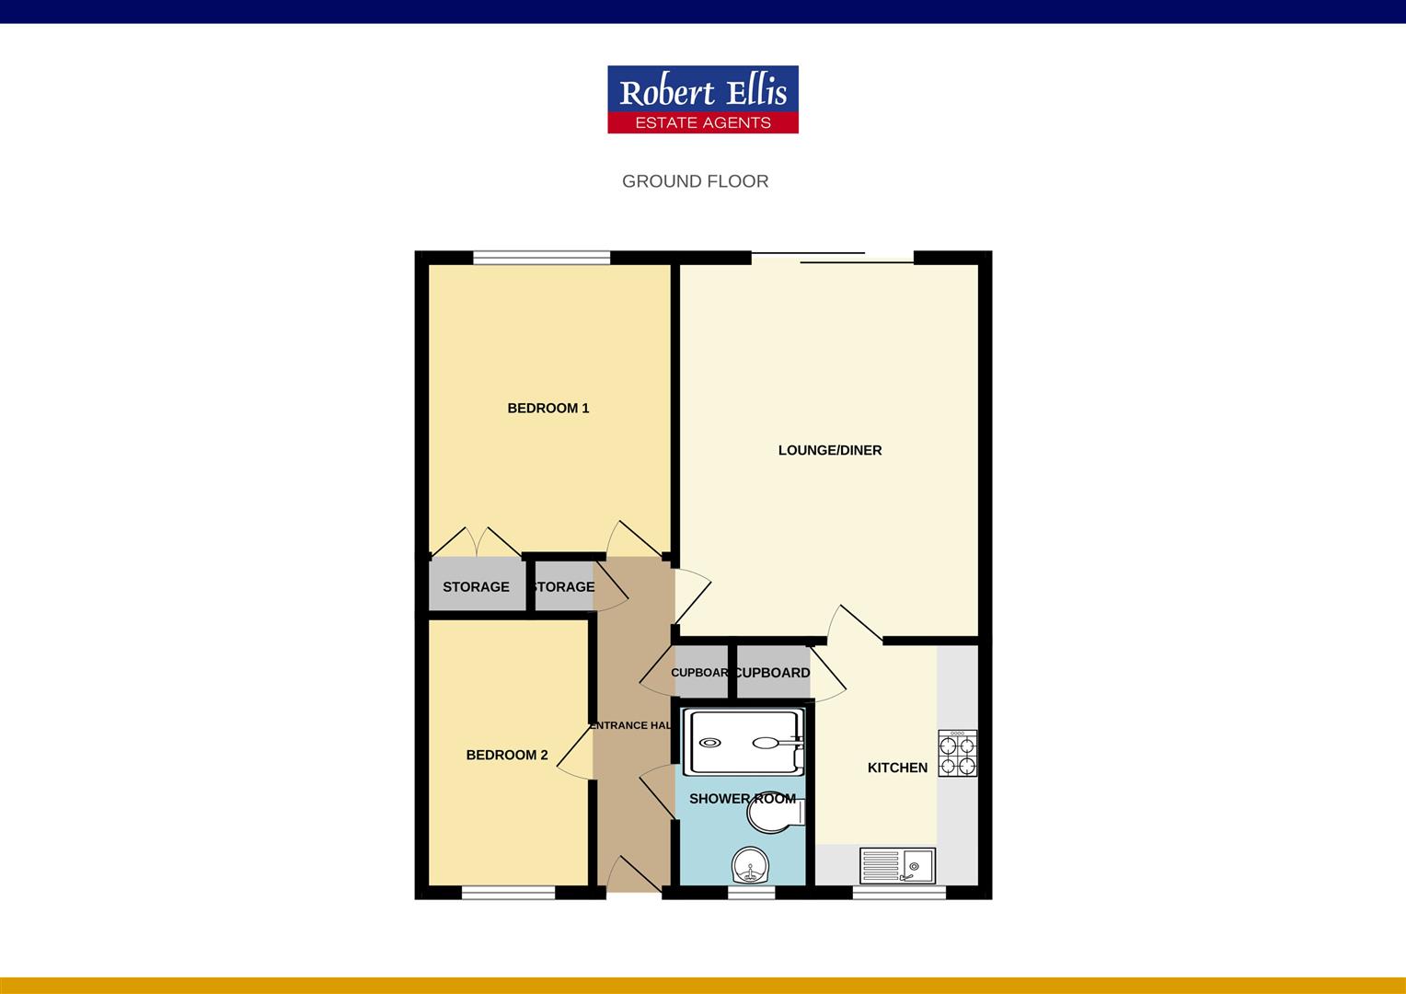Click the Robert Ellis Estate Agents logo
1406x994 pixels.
(703, 99)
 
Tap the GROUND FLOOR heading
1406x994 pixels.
(696, 181)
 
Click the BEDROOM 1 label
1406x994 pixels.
(548, 408)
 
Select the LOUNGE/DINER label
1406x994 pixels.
(830, 450)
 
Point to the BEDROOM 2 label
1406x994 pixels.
(506, 755)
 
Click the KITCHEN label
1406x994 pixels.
(897, 768)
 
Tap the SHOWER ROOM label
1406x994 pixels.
(743, 799)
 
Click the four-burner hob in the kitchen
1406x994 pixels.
(957, 754)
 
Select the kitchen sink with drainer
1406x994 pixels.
(897, 865)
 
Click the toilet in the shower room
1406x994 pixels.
(776, 813)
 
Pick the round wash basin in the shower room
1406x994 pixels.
(750, 865)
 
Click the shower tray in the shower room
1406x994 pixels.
(743, 743)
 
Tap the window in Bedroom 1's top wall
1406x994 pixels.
(541, 258)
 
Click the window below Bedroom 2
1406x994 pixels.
(509, 892)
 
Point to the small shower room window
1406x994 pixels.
(752, 892)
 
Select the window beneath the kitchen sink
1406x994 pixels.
(900, 892)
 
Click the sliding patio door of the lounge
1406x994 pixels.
(833, 258)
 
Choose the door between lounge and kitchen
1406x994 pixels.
(855, 624)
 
